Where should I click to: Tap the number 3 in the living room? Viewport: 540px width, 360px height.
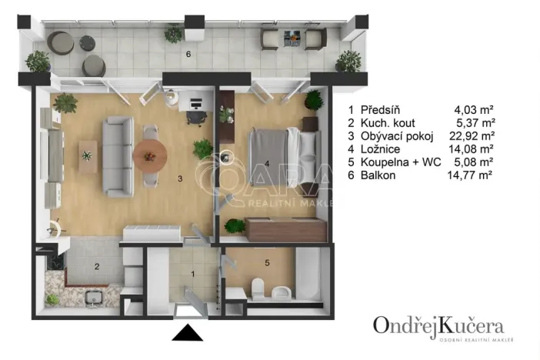click(x=180, y=178)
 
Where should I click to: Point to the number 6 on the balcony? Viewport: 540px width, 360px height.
click(x=187, y=55)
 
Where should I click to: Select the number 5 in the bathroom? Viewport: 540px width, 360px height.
click(x=267, y=263)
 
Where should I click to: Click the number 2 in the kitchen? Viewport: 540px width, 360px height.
click(x=97, y=267)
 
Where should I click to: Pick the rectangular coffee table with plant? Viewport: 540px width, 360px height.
click(x=88, y=155)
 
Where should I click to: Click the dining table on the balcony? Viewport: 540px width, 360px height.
click(x=292, y=36)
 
